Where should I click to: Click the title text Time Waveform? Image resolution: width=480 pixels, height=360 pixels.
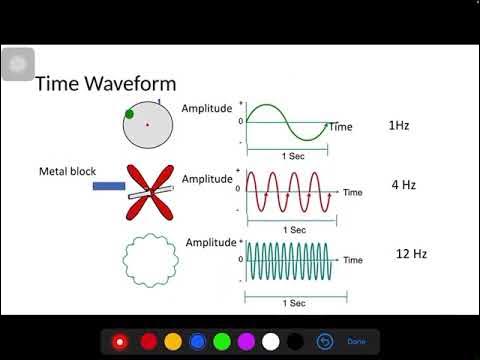[106, 84]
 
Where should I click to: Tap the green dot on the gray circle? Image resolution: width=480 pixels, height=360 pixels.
[129, 114]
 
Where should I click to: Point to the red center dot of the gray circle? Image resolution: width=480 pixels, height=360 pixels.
[147, 124]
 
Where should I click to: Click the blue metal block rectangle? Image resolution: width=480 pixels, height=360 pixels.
[108, 185]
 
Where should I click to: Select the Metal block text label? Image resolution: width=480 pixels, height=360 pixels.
[67, 170]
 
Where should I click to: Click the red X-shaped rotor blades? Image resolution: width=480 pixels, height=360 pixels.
[149, 191]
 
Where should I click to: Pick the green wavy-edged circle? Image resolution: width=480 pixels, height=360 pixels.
[150, 259]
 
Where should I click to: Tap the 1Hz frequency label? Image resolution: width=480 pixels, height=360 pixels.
[398, 127]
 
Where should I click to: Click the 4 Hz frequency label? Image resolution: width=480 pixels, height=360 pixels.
[403, 186]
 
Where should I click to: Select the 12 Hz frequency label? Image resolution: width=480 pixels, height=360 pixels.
[411, 254]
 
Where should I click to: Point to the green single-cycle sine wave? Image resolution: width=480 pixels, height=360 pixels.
[286, 122]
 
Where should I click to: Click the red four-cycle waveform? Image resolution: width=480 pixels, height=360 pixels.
[289, 190]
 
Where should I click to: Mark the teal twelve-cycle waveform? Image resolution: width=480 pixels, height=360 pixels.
[291, 259]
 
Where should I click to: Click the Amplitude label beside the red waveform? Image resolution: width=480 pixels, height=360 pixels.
[206, 179]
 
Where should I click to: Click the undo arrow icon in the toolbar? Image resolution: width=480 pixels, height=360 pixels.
[324, 341]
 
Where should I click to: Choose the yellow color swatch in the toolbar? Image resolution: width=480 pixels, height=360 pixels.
[172, 341]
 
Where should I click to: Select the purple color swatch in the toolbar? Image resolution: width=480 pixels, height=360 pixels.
[244, 341]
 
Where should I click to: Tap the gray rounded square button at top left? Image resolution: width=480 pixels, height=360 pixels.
[17, 64]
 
